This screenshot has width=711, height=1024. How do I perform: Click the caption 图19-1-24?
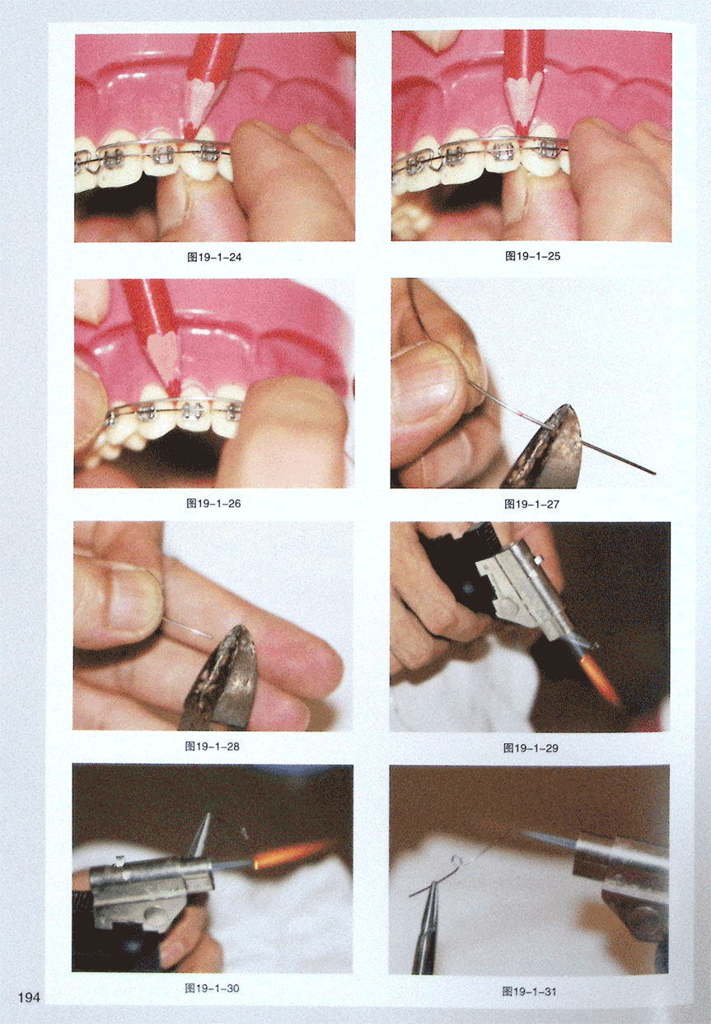(x=214, y=257)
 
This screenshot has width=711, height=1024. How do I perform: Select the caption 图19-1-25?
(x=532, y=256)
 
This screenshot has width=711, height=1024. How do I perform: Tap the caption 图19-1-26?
(x=213, y=503)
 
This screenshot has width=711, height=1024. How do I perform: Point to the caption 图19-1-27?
(x=531, y=504)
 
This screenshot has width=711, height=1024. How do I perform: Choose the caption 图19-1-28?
(x=213, y=746)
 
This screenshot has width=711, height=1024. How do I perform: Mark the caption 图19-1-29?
(x=531, y=748)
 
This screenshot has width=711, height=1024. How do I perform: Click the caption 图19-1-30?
(x=212, y=989)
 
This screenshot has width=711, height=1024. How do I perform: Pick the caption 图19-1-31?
(x=530, y=991)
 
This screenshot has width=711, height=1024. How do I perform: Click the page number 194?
(x=29, y=998)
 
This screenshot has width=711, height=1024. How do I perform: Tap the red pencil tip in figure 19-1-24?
(x=189, y=134)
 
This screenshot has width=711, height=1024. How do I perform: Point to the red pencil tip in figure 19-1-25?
(x=522, y=132)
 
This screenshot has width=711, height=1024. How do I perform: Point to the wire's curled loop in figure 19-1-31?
(x=456, y=861)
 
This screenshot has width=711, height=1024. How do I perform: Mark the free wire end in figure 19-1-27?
(x=654, y=474)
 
